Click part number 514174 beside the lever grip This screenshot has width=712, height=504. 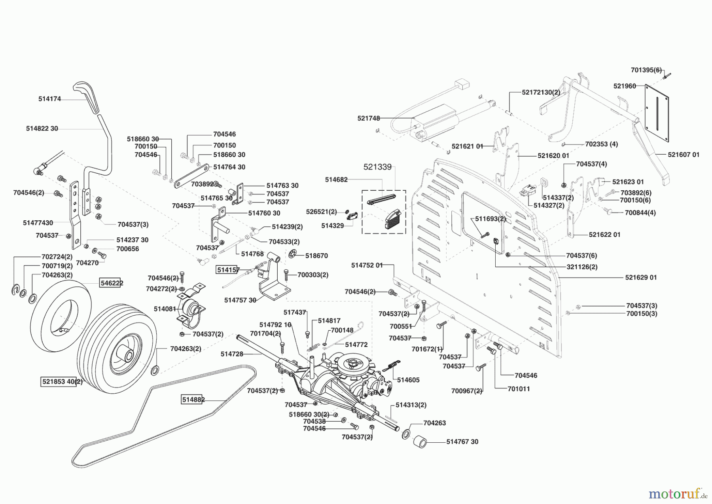[x=49, y=99]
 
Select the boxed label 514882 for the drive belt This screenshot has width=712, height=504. [x=193, y=400]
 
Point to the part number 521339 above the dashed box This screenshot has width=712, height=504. [x=377, y=167]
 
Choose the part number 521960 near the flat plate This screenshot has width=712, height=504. [x=625, y=86]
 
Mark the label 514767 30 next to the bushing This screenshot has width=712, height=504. [x=462, y=441]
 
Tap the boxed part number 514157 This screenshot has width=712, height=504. [x=228, y=270]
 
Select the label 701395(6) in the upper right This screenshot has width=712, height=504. [x=646, y=70]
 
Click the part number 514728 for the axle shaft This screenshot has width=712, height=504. [x=232, y=354]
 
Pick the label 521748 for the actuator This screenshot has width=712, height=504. [x=368, y=118]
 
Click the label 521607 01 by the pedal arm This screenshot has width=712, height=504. [x=684, y=155]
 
